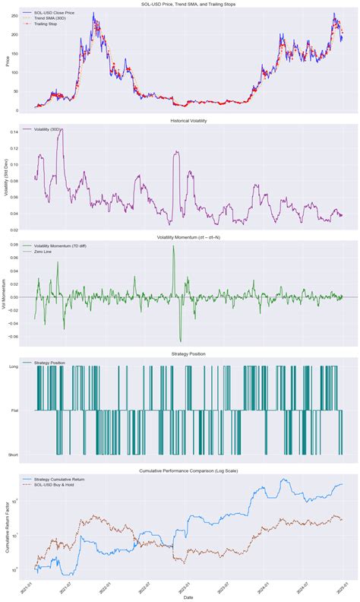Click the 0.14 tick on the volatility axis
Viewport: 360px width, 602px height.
coord(14,131)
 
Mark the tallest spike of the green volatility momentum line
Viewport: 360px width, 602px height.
coord(174,246)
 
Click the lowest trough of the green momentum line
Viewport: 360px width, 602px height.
coord(181,341)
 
